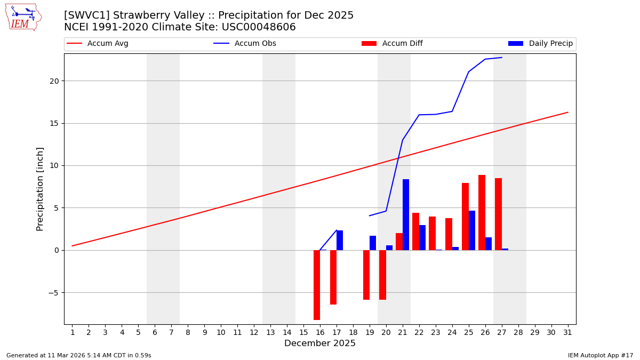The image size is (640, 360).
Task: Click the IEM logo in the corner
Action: (23, 17)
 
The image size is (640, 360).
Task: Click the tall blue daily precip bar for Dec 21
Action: (406, 214)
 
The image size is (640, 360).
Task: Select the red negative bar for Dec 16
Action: (317, 285)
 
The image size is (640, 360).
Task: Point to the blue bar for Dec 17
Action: (340, 240)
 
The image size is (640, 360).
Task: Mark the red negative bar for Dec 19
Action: (366, 275)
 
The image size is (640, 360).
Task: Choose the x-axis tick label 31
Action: (567, 332)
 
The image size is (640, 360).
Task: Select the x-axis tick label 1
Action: (73, 332)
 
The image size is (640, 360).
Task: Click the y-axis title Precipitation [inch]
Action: (40, 189)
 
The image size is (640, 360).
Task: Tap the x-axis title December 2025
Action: (319, 343)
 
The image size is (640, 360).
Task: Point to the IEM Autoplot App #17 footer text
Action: (601, 355)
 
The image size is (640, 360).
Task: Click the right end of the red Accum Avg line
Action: (567, 113)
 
